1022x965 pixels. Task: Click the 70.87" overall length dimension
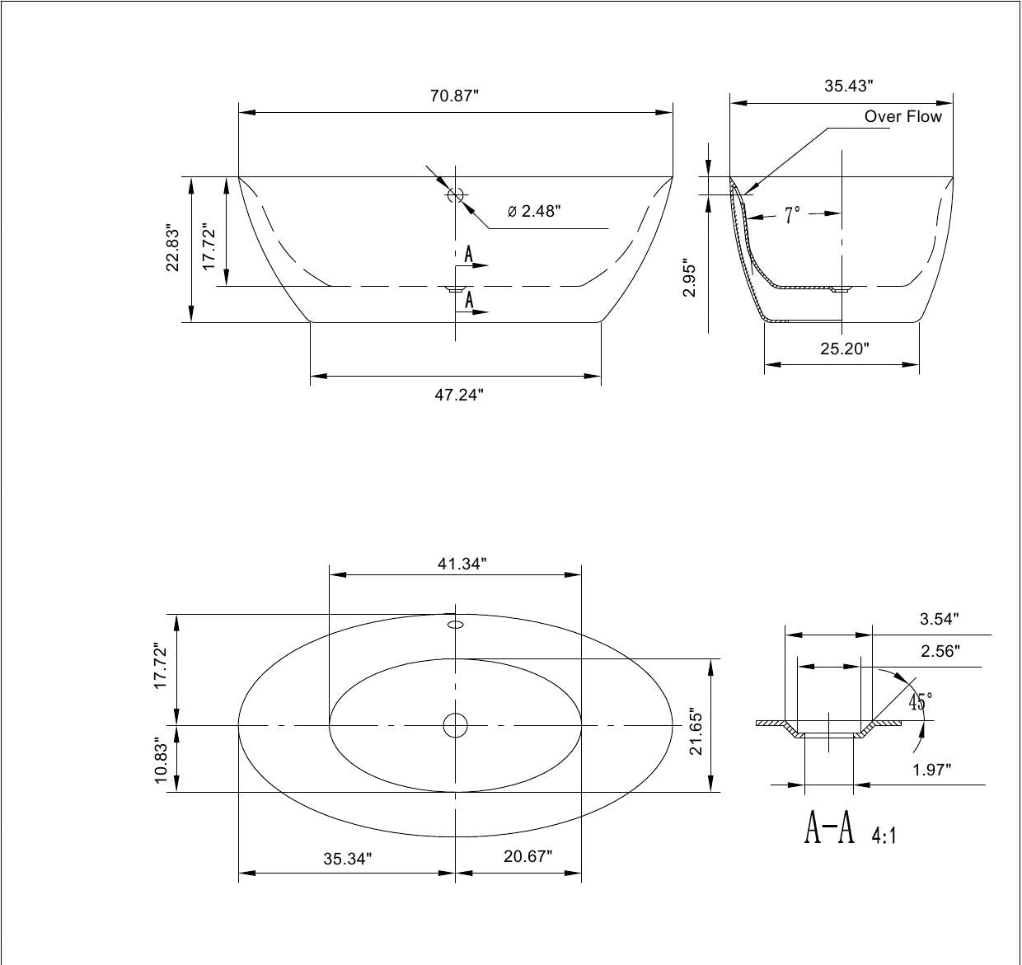point(454,96)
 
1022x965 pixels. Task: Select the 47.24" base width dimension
point(459,394)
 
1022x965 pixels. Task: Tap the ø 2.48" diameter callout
point(534,211)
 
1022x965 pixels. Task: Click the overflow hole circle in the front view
point(456,194)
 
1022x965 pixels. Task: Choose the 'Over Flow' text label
point(902,116)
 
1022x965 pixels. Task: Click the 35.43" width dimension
point(849,86)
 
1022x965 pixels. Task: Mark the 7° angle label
point(792,215)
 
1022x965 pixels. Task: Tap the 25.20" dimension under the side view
point(845,349)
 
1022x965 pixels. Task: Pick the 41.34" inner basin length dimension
point(462,564)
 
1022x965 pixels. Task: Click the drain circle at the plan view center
point(456,725)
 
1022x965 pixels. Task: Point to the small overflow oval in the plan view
point(456,625)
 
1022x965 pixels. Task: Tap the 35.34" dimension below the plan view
point(347,859)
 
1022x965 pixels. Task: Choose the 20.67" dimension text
point(527,856)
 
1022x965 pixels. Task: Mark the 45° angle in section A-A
point(921,702)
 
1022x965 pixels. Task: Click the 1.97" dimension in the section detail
point(931,770)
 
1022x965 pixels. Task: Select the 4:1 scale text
point(884,836)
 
